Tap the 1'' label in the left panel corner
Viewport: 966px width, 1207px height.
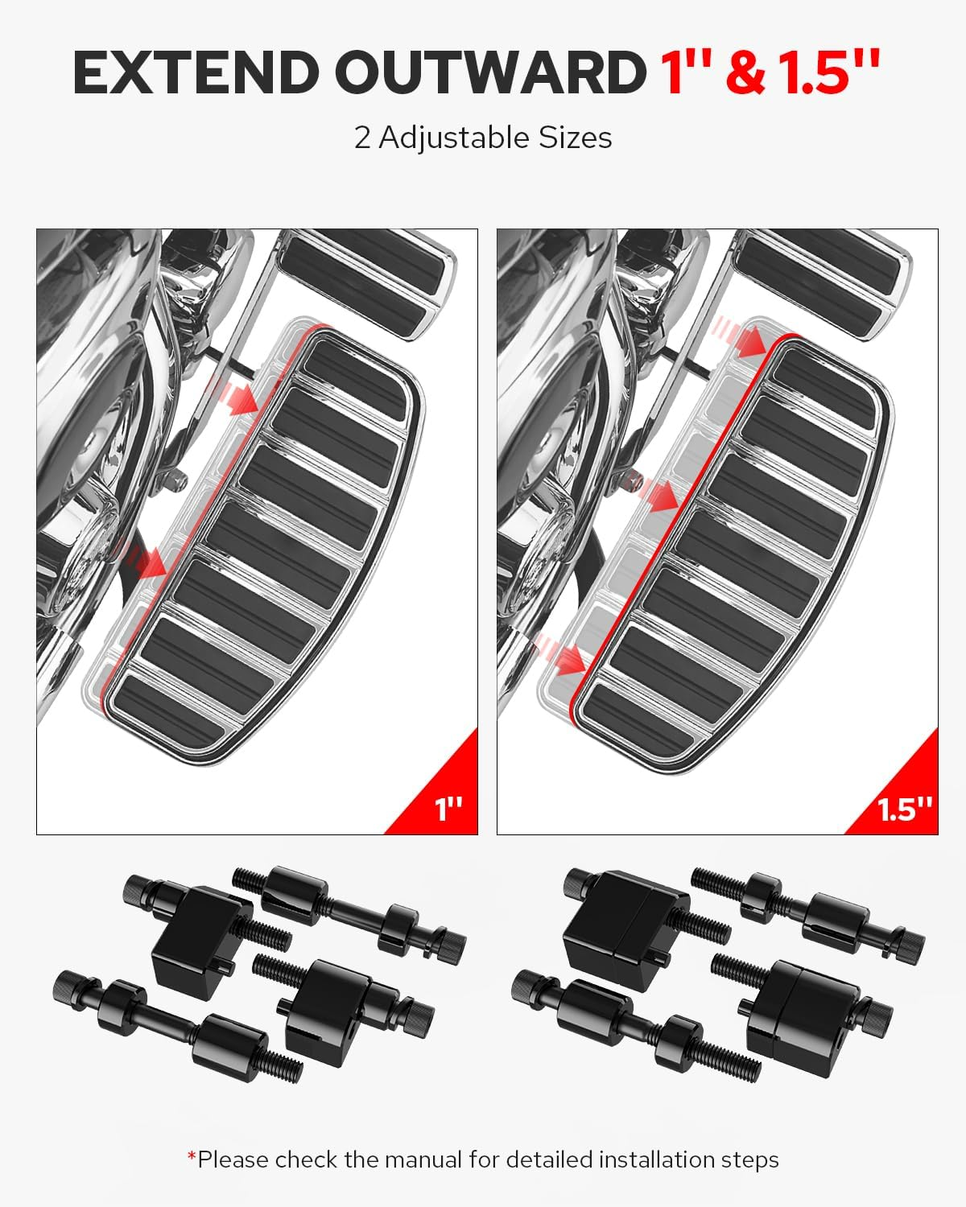point(448,808)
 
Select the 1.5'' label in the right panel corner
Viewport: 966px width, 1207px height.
point(906,808)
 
